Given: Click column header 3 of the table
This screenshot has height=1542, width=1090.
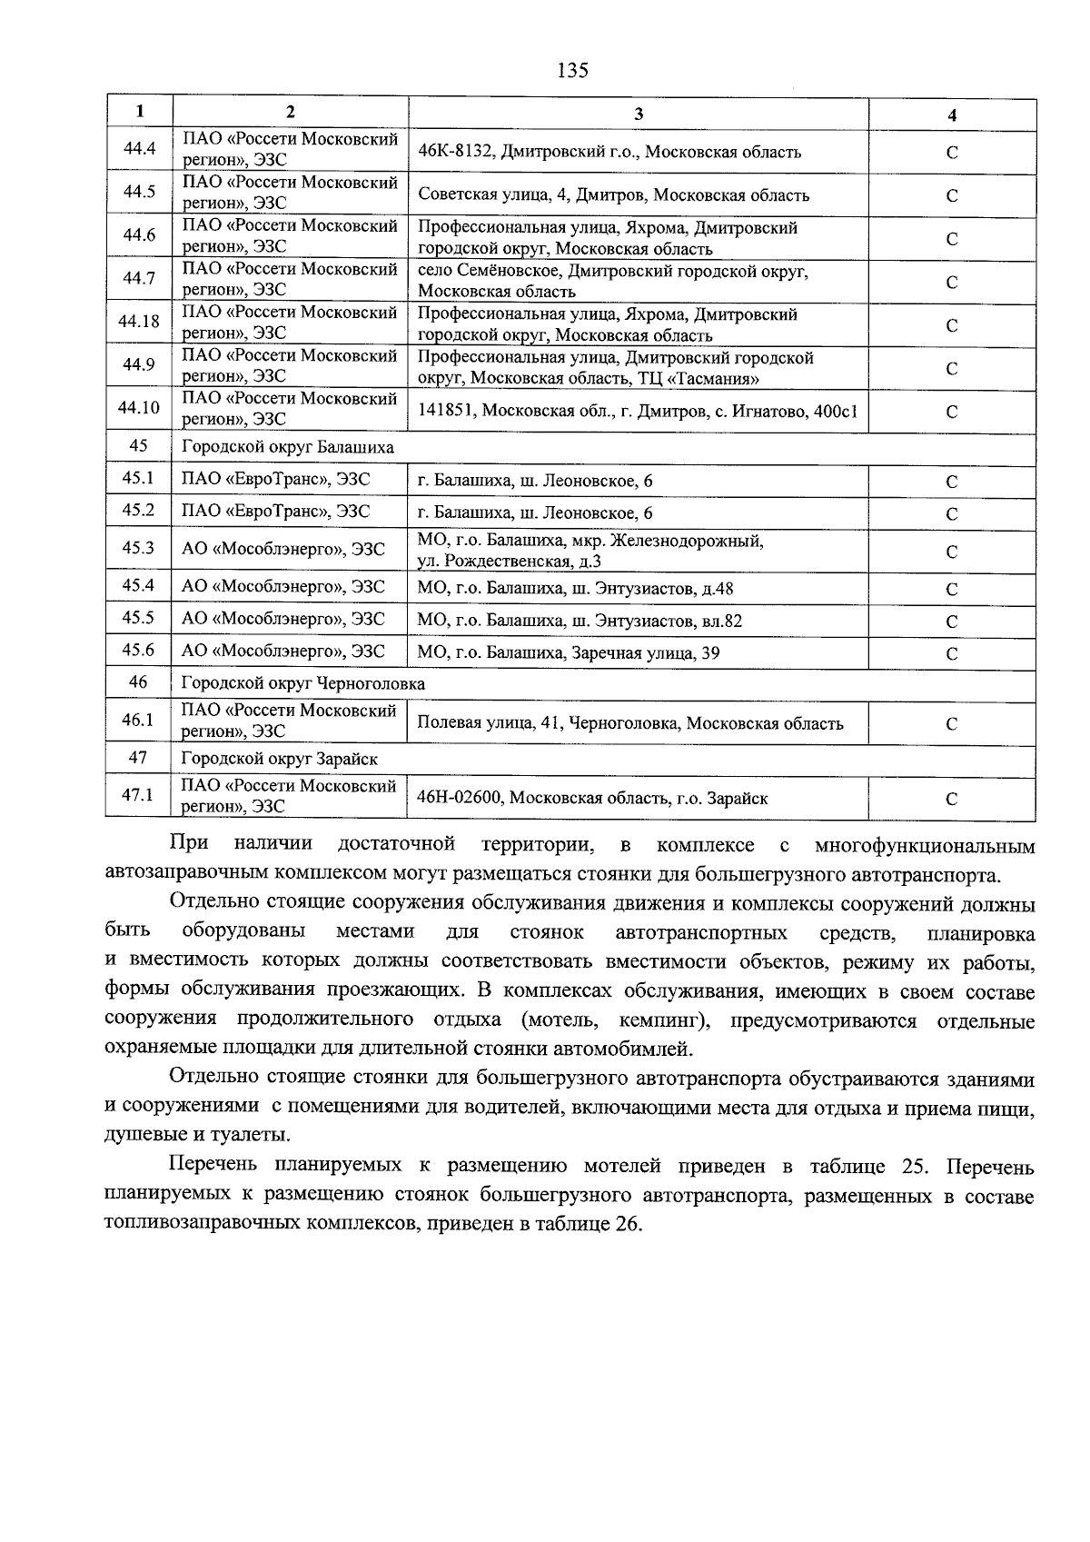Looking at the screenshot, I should (x=639, y=114).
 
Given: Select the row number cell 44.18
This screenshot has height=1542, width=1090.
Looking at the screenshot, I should (x=139, y=322).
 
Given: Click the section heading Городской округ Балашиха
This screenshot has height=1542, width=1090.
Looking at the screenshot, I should (x=288, y=448).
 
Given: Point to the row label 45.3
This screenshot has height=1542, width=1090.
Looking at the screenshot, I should (x=138, y=548).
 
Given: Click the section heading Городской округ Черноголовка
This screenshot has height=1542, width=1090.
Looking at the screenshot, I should (x=303, y=683).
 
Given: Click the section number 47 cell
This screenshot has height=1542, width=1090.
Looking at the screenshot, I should (x=138, y=758).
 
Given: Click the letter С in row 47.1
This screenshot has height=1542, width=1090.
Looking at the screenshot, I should (x=951, y=800).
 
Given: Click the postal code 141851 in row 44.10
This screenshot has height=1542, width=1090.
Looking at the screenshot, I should (x=446, y=411).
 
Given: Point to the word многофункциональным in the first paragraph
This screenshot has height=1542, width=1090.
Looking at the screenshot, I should (x=924, y=847).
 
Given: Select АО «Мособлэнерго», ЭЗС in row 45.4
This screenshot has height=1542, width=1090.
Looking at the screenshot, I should (x=283, y=588).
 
